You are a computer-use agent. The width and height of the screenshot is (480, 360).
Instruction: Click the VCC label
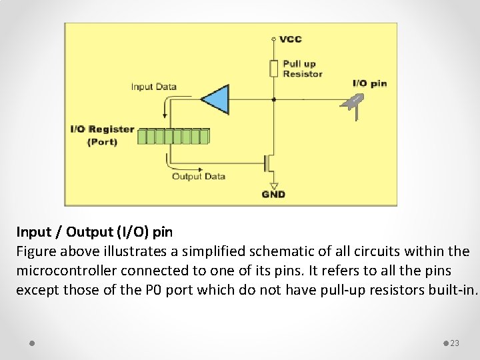click(x=291, y=39)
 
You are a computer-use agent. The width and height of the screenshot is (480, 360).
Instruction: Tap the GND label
click(x=273, y=194)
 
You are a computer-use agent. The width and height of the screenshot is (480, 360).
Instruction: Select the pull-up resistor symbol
click(x=273, y=68)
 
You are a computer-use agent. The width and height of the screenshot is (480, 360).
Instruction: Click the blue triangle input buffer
click(x=215, y=99)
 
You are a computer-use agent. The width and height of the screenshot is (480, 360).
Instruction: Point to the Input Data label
click(x=154, y=87)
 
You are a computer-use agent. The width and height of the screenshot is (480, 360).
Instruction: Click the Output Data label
click(x=199, y=177)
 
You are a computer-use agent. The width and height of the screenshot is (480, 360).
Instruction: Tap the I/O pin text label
click(x=369, y=83)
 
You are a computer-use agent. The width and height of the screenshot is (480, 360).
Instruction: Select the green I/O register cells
click(x=173, y=136)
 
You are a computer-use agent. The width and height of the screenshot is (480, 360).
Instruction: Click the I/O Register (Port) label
click(x=102, y=135)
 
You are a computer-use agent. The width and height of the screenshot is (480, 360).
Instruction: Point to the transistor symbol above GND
click(x=269, y=162)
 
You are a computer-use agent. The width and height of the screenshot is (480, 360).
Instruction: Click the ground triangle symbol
click(x=273, y=185)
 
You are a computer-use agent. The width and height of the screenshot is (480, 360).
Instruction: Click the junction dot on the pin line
click(x=273, y=99)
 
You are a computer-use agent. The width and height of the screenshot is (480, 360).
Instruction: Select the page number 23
click(x=455, y=343)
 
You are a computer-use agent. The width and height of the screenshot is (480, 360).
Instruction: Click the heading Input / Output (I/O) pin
click(x=95, y=232)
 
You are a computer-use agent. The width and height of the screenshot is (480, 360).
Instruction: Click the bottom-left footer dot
click(x=32, y=343)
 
